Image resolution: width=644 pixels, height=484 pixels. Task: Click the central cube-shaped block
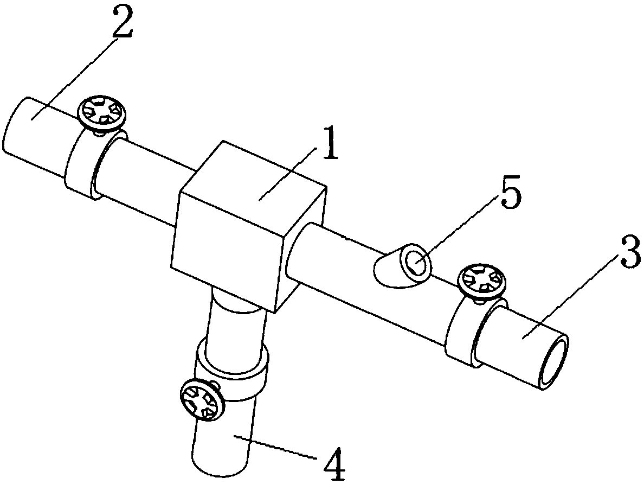coord(244,228)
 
